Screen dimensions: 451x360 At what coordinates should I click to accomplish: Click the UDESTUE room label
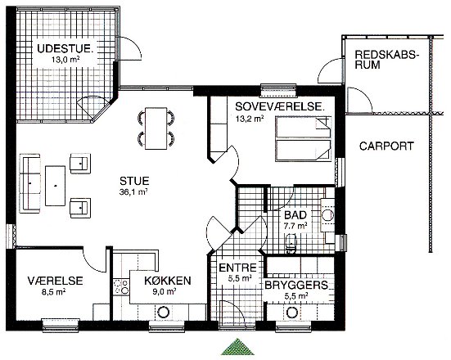click(65, 48)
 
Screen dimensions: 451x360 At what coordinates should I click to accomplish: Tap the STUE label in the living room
click(134, 181)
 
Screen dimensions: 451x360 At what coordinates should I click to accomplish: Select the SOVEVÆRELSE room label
click(280, 106)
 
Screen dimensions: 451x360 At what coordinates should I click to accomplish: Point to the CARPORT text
click(386, 146)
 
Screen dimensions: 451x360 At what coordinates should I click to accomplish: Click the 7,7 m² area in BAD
click(295, 226)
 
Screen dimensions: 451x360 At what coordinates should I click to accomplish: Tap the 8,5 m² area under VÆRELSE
click(54, 292)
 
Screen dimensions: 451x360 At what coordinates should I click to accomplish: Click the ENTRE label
click(237, 268)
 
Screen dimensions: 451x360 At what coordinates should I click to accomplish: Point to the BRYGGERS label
click(296, 285)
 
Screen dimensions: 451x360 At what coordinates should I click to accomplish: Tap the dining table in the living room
click(156, 128)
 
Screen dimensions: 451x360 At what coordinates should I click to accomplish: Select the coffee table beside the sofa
click(55, 186)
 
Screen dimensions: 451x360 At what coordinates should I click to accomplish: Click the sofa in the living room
click(29, 183)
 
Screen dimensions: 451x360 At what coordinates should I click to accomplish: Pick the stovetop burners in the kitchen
click(120, 287)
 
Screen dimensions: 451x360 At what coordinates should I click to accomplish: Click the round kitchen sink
click(163, 313)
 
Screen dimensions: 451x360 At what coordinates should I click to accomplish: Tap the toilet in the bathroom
click(291, 243)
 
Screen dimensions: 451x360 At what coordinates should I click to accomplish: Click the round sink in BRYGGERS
click(291, 313)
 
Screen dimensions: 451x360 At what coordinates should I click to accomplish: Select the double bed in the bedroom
click(303, 139)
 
